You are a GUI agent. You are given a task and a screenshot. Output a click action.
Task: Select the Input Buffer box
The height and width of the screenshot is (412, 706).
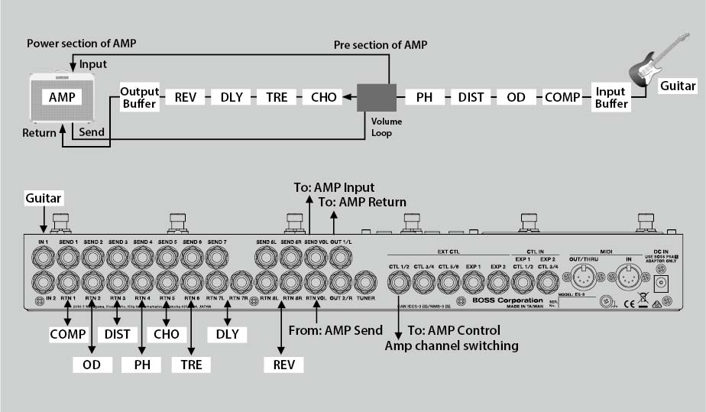(610, 98)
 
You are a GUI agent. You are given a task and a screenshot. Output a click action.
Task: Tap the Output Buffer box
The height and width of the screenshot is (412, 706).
(138, 98)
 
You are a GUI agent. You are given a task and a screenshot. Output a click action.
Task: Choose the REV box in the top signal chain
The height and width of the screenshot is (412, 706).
(186, 98)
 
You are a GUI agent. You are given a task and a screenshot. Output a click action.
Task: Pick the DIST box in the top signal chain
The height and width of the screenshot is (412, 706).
(471, 98)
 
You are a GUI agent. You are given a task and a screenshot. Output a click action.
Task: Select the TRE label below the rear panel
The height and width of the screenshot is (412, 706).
(191, 364)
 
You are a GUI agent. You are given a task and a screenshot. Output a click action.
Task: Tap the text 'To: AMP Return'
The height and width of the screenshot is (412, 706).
(363, 203)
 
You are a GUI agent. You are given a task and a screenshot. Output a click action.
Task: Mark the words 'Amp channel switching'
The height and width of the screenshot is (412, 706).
(451, 345)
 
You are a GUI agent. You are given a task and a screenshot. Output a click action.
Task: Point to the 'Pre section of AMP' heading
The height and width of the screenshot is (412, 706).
(380, 45)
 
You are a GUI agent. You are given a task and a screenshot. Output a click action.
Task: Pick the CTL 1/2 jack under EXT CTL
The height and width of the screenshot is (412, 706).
(400, 284)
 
